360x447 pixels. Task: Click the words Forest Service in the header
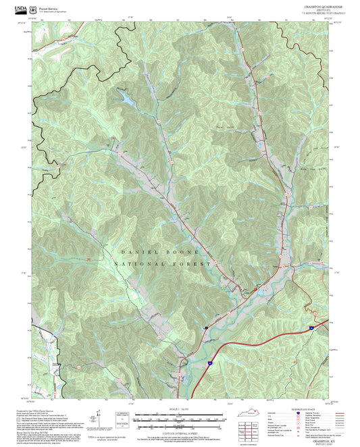pos(48,7)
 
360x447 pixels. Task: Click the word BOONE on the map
pos(176,251)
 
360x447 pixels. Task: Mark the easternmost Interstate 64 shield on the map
pos(311,327)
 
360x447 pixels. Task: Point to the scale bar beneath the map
pos(179,417)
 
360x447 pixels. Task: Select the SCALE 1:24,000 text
pos(179,409)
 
